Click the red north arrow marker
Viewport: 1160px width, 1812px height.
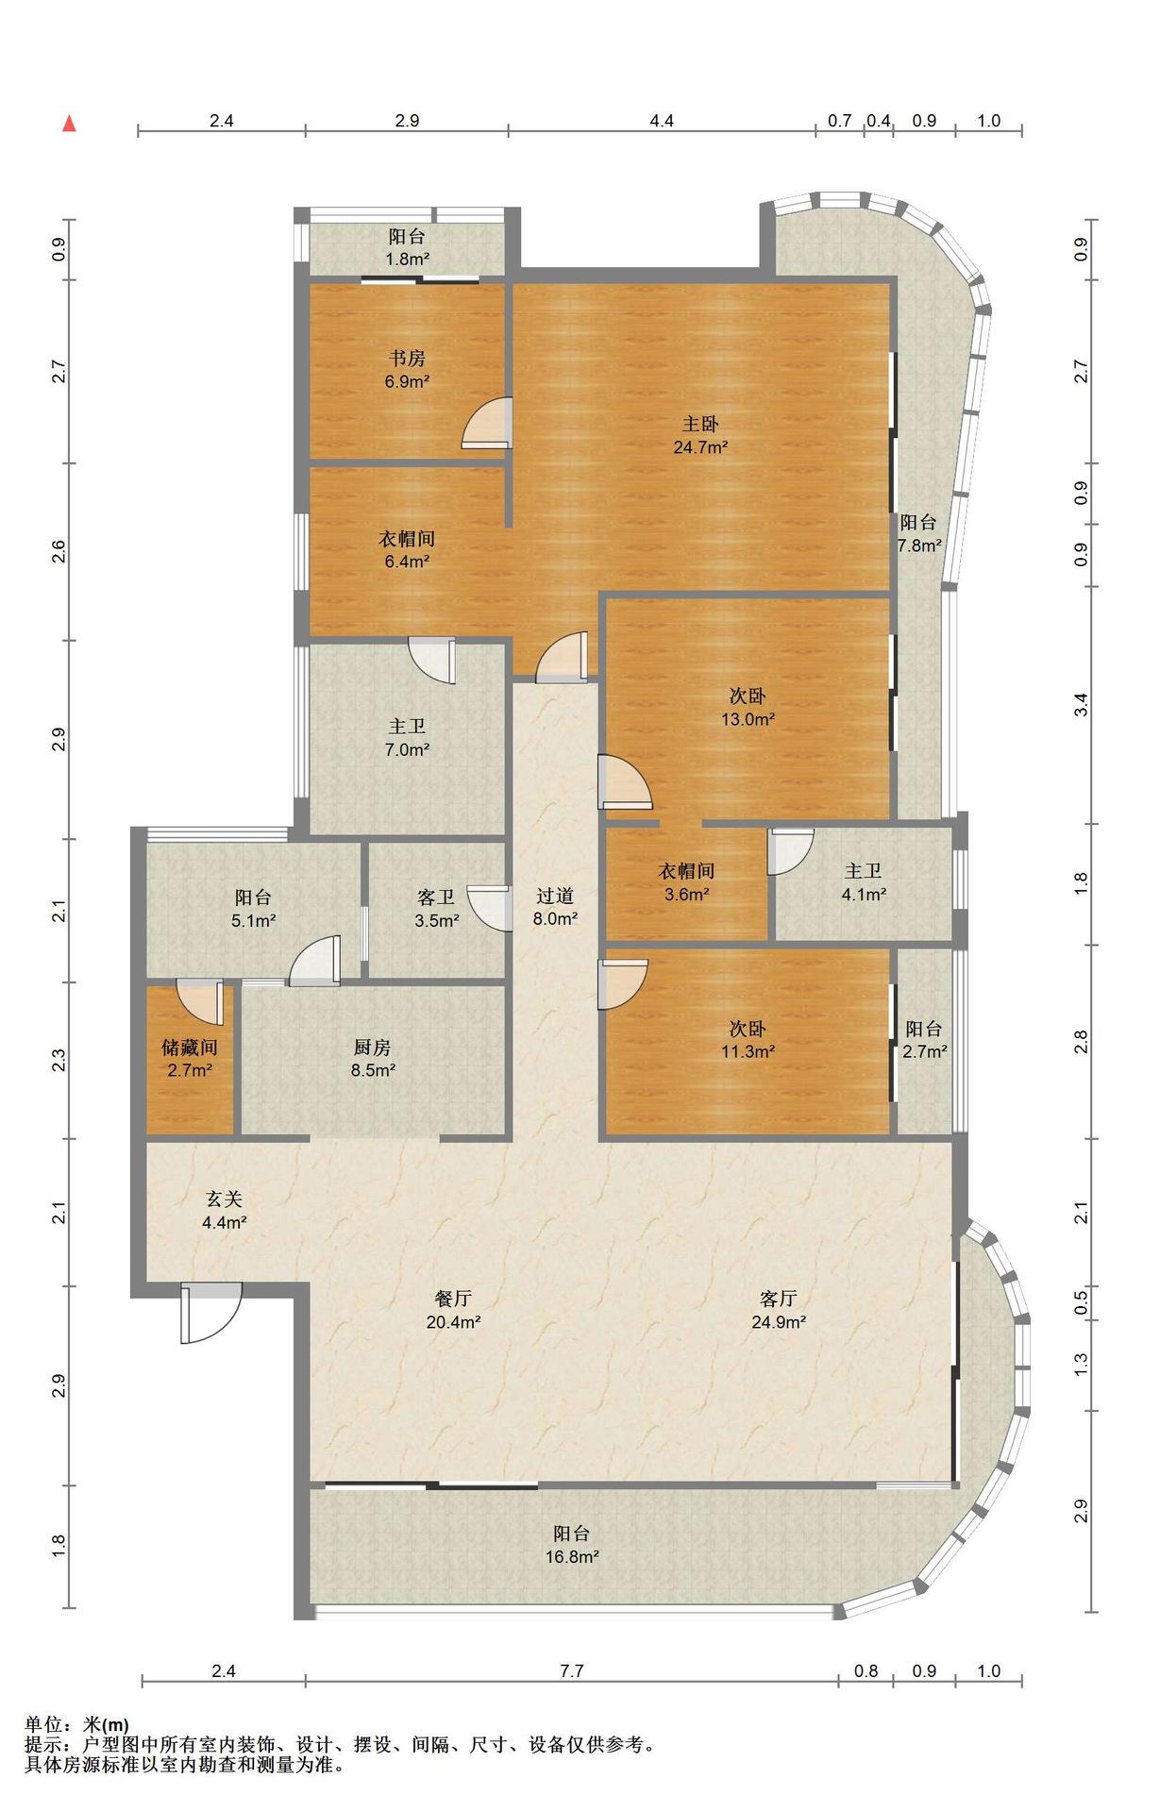tap(69, 124)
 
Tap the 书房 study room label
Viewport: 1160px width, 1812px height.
tap(407, 359)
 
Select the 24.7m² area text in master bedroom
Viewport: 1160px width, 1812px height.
tap(700, 447)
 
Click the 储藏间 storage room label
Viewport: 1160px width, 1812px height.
tap(190, 1047)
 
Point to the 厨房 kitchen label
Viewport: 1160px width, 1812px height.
tap(373, 1047)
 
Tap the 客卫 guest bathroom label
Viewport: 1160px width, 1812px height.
tap(436, 897)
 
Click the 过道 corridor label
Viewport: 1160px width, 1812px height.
tap(555, 896)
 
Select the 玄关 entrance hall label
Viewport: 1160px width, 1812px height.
tap(225, 1199)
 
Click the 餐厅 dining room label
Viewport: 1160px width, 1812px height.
tap(453, 1299)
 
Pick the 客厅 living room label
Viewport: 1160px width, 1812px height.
tap(779, 1299)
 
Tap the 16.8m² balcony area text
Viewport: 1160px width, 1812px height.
tap(572, 1557)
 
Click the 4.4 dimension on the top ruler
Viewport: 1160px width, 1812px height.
tap(662, 121)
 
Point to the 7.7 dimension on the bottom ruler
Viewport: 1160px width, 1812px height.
tap(572, 1670)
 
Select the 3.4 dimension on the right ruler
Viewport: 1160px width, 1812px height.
tap(1082, 704)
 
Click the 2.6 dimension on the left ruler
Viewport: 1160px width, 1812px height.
tap(59, 551)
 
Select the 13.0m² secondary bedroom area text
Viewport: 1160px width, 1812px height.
tap(748, 719)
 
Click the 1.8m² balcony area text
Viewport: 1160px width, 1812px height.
tap(407, 259)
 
